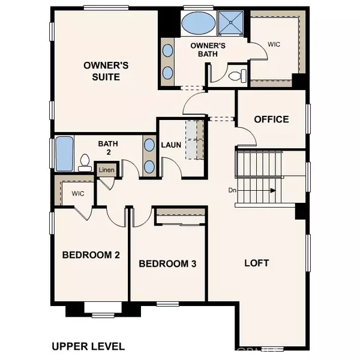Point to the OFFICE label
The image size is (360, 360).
tap(271, 119)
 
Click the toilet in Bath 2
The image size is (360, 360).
tap(85, 161)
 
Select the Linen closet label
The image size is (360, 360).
tap(107, 170)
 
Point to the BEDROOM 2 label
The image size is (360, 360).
tap(91, 255)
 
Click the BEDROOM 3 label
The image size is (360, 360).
tap(167, 263)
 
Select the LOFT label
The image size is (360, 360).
tap(256, 263)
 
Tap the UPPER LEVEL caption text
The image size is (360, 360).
tap(88, 346)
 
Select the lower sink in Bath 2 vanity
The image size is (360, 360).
tap(148, 166)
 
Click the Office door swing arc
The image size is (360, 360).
tap(247, 137)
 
